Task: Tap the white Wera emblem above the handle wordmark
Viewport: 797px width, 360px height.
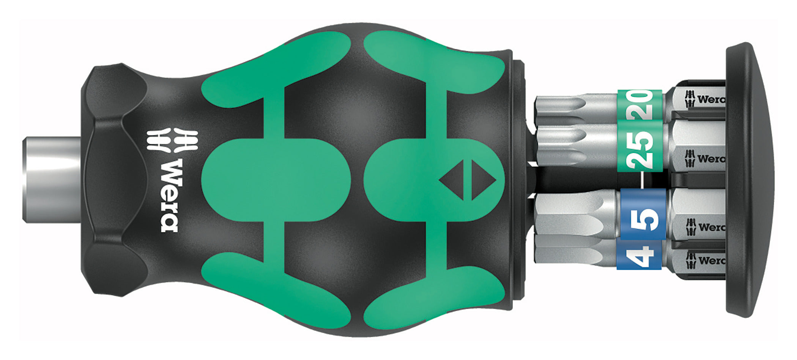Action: tap(173, 141)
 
